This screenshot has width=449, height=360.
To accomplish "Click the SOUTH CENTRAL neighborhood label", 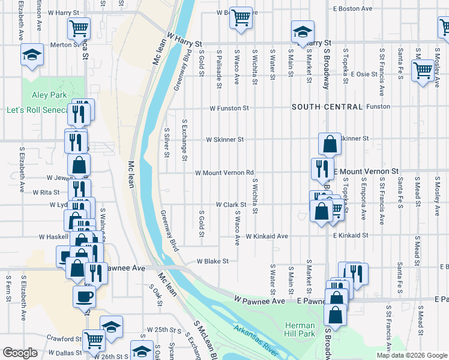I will pyautogui.click(x=327, y=107).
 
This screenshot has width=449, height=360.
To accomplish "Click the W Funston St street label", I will pyautogui.click(x=229, y=108).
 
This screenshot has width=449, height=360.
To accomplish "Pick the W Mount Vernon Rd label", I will pyautogui.click(x=224, y=173).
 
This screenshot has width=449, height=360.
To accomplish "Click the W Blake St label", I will pyautogui.click(x=213, y=261).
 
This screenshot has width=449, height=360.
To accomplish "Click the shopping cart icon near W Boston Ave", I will pyautogui.click(x=241, y=17).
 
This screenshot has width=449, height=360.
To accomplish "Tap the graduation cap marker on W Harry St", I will pyautogui.click(x=303, y=32).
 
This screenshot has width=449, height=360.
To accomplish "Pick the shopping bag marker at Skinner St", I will pyautogui.click(x=330, y=144).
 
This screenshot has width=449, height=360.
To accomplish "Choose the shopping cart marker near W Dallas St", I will pyautogui.click(x=94, y=341).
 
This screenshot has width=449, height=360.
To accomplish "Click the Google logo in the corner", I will pyautogui.click(x=20, y=353).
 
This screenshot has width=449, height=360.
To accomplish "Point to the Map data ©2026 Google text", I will pyautogui.click(x=411, y=355).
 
